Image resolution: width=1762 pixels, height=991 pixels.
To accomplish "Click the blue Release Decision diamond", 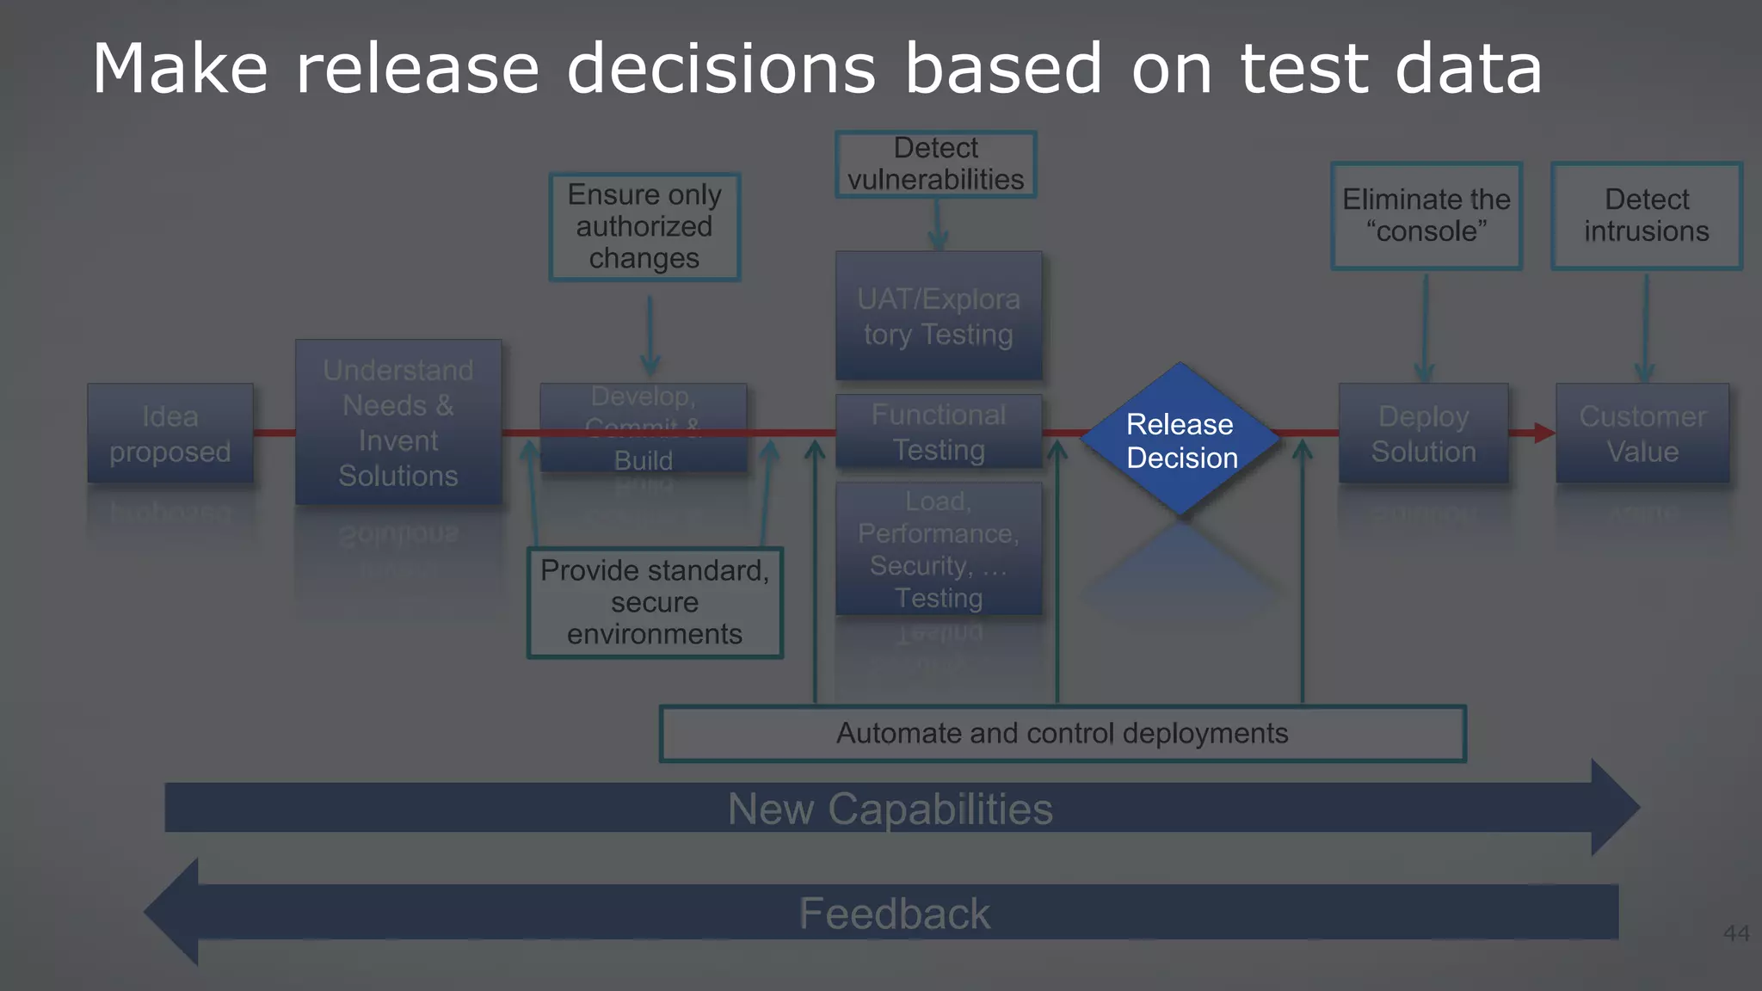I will point(1180,440).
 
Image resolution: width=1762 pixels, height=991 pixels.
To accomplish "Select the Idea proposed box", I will point(169,434).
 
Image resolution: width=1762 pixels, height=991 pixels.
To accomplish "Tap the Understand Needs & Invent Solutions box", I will point(398,422).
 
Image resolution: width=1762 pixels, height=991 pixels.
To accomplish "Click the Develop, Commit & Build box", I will point(643,428).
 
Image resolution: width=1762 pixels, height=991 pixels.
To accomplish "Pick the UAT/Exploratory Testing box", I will point(939,316).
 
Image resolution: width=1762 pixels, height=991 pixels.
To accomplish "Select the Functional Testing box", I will point(939,432).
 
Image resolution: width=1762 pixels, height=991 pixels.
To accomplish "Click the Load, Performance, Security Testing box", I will point(939,549).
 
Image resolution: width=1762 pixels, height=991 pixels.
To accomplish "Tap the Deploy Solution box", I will point(1423,434).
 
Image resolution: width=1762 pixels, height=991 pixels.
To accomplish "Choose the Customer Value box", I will point(1642,434).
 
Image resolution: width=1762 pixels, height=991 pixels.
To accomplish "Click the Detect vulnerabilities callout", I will point(936,163).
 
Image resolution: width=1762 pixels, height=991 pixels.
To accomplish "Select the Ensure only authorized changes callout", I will point(644,227).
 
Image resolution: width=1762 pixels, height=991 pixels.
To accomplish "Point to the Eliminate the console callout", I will point(1426,215).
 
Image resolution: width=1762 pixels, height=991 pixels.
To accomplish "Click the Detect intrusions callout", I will point(1647,215).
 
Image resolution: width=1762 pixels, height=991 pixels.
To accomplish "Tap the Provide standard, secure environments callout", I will point(655,602).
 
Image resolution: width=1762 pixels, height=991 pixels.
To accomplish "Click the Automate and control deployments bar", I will point(1063,734).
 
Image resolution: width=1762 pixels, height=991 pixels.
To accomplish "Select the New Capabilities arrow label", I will point(890,809).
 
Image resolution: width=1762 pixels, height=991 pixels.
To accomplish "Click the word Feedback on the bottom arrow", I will point(895,914).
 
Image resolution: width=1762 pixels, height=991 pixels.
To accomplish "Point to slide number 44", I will point(1736,933).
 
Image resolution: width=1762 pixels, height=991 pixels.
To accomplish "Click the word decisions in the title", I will point(721,69).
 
